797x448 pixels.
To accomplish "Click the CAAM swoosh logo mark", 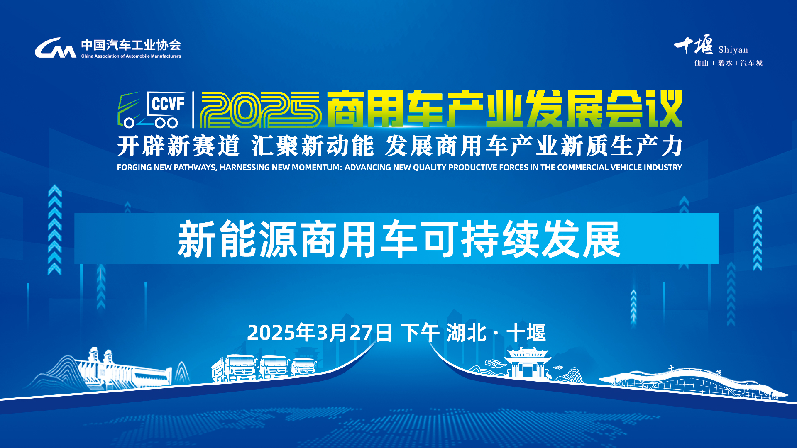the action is pos(55,48).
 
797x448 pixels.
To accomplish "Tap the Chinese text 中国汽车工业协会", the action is pos(131,45).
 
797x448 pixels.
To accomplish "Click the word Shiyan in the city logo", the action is pos(733,50).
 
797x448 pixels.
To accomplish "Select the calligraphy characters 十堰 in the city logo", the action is pos(693,45).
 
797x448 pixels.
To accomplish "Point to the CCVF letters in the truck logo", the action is pos(168,104).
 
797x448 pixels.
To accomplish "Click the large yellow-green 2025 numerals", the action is pos(261,110).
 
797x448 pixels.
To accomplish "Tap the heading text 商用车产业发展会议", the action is pos(504,109).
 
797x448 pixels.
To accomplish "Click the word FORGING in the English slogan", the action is pos(134,167).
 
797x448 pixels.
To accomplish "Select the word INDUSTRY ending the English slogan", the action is pos(663,167).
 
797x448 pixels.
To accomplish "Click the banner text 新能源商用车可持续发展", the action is pos(399,239).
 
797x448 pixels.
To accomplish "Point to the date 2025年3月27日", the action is pos(320,333).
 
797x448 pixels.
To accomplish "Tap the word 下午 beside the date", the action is pos(420,333).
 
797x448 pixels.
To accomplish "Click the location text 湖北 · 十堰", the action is pos(496,333).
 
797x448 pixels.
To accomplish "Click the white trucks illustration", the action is pos(264,368).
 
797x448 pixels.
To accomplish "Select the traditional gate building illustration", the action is pos(528,363).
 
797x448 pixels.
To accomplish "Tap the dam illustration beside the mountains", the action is pos(125,369).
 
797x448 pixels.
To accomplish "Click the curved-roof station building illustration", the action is pos(693,384).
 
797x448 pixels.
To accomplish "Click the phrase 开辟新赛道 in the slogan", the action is pos(179,146).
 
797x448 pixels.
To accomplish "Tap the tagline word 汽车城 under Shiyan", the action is pos(751,63).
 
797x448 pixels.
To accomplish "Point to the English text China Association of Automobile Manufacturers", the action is pos(131,56).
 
